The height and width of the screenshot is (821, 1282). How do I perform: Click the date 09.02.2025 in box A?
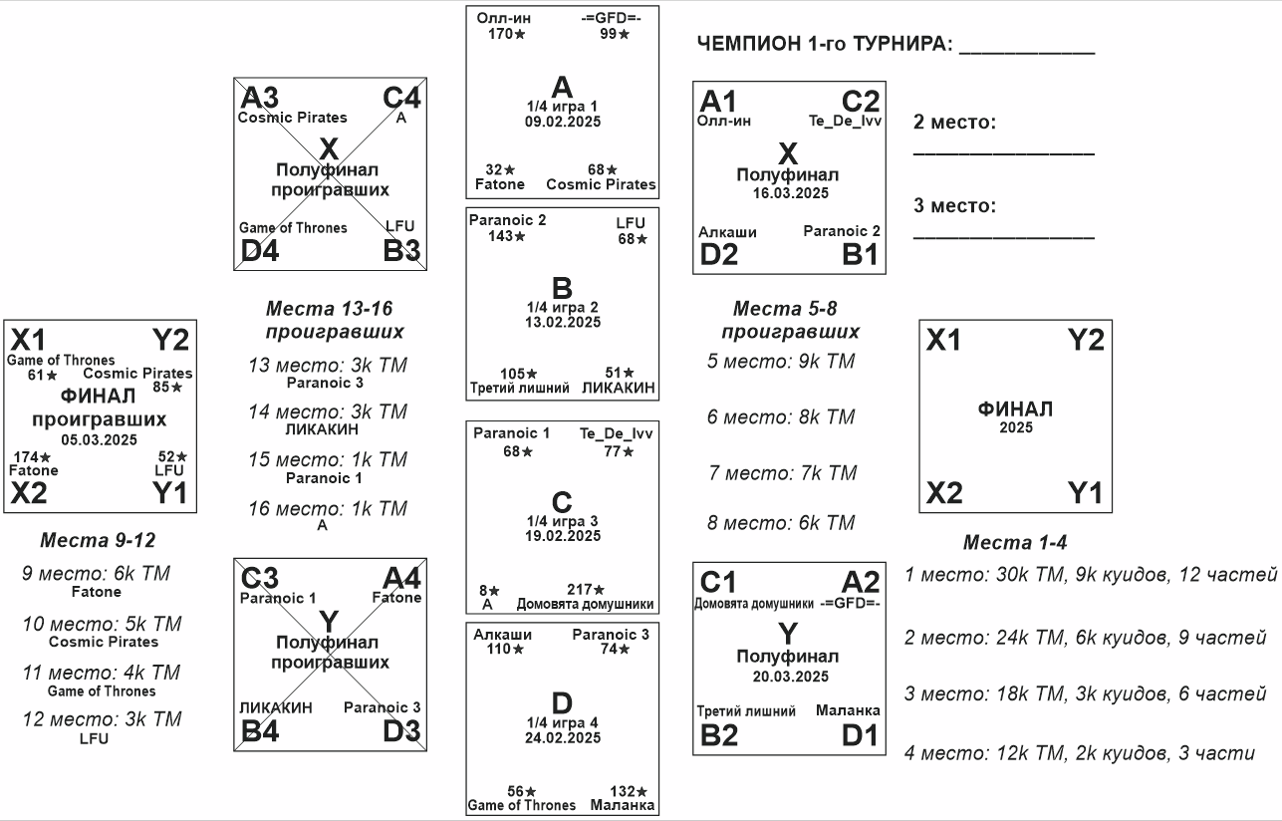point(562,122)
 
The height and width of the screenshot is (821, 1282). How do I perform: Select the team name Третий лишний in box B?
point(520,389)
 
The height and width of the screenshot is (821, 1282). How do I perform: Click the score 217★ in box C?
point(586,590)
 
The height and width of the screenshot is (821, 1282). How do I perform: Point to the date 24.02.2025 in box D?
point(562,737)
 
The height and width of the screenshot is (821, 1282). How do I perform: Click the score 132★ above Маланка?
point(629,791)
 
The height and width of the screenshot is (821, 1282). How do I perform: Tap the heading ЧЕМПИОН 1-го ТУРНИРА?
point(826,45)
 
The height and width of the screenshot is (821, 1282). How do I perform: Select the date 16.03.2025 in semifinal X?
point(789,193)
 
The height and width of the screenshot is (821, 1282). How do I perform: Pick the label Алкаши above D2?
point(727,232)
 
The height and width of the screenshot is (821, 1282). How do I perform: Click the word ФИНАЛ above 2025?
point(1015,410)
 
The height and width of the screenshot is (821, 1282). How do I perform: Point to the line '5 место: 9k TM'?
point(781,362)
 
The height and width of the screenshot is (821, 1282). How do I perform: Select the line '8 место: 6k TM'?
point(781,523)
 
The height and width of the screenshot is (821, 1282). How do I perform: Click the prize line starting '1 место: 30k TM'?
point(1091,575)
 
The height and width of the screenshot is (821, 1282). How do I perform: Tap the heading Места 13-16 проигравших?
point(335,320)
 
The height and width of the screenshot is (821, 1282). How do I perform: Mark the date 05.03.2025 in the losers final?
point(99,438)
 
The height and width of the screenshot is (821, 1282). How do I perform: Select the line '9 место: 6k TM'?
point(96,574)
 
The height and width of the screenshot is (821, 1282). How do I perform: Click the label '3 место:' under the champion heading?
point(954,206)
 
